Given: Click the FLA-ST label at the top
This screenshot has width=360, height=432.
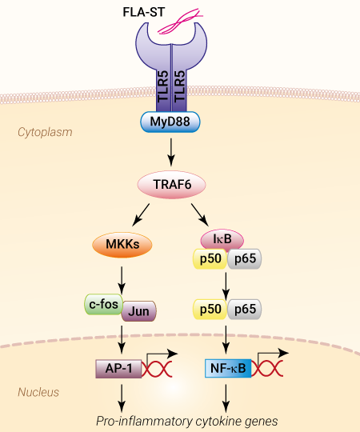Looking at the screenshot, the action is pyautogui.click(x=143, y=12).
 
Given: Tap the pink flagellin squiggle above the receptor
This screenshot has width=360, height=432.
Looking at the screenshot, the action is pyautogui.click(x=181, y=21).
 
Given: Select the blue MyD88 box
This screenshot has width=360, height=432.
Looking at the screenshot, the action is pyautogui.click(x=170, y=122).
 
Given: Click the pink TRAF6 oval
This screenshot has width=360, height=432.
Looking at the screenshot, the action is pyautogui.click(x=171, y=185).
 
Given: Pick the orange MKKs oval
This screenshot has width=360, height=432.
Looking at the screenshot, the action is pyautogui.click(x=122, y=245).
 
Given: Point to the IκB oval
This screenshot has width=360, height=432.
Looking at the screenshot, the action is pyautogui.click(x=222, y=239).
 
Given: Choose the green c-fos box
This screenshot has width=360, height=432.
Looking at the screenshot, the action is pyautogui.click(x=103, y=304).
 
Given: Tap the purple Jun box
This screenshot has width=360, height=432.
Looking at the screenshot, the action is pyautogui.click(x=139, y=311).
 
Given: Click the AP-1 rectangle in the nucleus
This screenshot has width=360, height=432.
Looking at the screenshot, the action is pyautogui.click(x=118, y=369).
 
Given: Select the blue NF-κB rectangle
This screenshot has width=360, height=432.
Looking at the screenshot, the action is pyautogui.click(x=228, y=368).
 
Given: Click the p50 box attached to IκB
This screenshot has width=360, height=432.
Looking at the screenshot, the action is pyautogui.click(x=210, y=258).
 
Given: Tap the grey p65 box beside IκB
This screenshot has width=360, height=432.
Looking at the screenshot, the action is pyautogui.click(x=245, y=258).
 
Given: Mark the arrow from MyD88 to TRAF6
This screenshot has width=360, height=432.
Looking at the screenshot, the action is pyautogui.click(x=171, y=152).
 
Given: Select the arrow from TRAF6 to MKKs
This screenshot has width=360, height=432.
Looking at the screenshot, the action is pyautogui.click(x=141, y=215).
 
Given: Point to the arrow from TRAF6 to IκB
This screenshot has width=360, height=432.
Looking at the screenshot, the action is pyautogui.click(x=200, y=215).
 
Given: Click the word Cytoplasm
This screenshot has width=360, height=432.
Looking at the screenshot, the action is pyautogui.click(x=45, y=132).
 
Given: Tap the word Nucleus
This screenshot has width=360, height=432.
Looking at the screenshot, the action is pyautogui.click(x=38, y=392).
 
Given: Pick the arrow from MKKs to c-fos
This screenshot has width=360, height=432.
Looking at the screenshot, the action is pyautogui.click(x=122, y=281).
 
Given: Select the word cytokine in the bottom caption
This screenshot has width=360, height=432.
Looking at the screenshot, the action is pyautogui.click(x=217, y=422).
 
